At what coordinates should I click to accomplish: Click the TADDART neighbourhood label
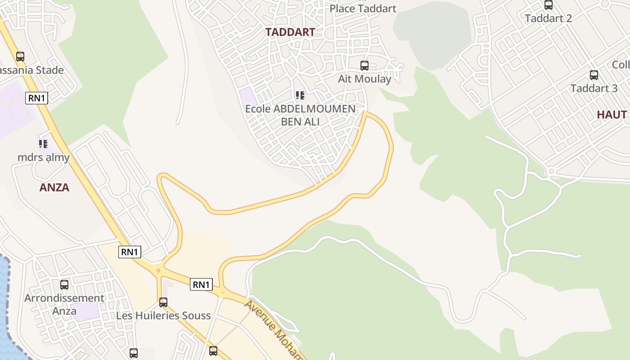point(290,32)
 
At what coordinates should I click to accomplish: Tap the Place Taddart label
point(363,9)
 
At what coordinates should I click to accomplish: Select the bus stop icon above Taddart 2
point(548,5)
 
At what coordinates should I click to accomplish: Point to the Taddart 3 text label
point(594,88)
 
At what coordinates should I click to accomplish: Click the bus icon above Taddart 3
point(594,75)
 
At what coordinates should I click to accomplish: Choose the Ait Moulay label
point(364,79)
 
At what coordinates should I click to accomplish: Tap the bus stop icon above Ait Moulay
point(364,66)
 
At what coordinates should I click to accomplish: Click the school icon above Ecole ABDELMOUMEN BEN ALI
point(300,95)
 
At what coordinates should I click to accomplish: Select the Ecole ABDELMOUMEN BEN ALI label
point(300,115)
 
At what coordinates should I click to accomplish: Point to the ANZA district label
point(54,188)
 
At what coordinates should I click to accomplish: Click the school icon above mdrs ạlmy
point(43,144)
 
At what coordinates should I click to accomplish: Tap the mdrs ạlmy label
point(44,157)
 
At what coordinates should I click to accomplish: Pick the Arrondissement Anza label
point(64,304)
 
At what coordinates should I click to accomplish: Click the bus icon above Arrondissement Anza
point(64,285)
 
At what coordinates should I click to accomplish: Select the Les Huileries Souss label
point(163,315)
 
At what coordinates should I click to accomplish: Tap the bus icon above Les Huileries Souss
point(163,302)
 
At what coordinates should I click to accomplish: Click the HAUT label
point(612,115)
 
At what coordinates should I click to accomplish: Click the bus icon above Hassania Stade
point(20,57)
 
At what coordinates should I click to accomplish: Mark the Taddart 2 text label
point(548,18)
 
